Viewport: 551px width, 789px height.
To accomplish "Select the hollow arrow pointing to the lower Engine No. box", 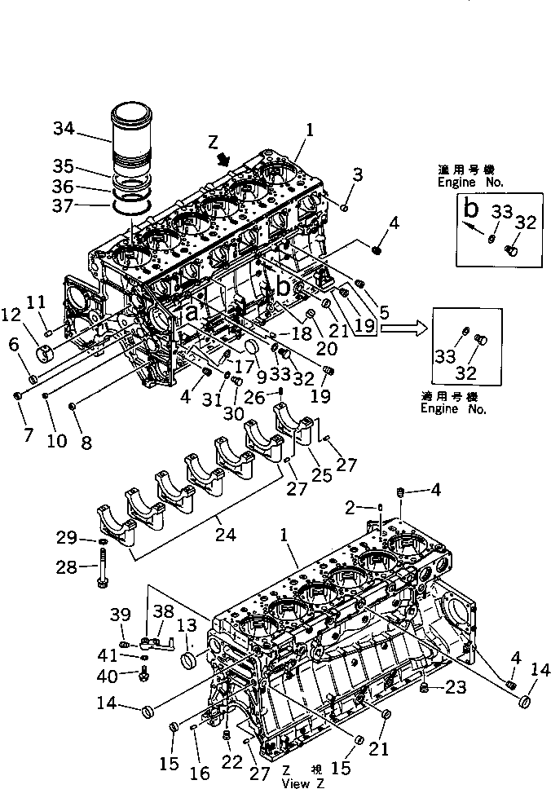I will (401, 328).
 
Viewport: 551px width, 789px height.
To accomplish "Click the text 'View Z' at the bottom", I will (302, 783).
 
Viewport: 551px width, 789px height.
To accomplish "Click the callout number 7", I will (29, 434).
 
